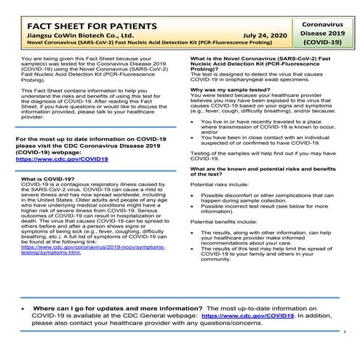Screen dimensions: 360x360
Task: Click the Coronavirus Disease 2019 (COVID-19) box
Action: [x=321, y=33]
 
